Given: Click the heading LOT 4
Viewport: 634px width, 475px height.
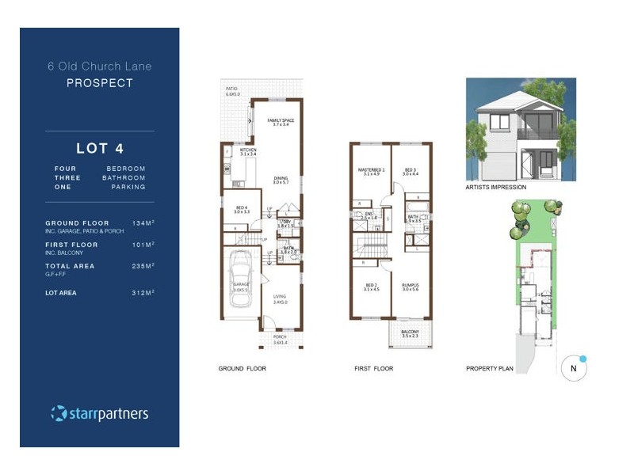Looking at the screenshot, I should pyautogui.click(x=99, y=147).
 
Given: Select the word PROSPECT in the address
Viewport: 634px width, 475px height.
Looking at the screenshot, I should pyautogui.click(x=99, y=82).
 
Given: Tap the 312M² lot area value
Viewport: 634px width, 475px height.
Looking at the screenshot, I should pyautogui.click(x=143, y=293).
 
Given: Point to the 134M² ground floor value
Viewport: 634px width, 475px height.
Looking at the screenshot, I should pyautogui.click(x=143, y=223).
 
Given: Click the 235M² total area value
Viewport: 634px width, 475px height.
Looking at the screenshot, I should pyautogui.click(x=143, y=266).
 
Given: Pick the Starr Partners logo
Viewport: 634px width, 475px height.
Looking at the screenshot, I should pyautogui.click(x=99, y=413).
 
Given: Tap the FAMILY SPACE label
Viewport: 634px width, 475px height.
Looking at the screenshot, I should pyautogui.click(x=281, y=122).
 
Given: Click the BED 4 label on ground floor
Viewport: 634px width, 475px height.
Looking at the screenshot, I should pyautogui.click(x=241, y=210).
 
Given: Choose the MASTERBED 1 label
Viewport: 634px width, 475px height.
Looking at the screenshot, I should pyautogui.click(x=372, y=172).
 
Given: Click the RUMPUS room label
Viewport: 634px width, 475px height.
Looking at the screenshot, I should pyautogui.click(x=410, y=287).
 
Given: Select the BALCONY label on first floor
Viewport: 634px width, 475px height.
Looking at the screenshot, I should pyautogui.click(x=410, y=334).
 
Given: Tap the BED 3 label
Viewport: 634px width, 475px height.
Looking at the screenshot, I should pyautogui.click(x=410, y=172).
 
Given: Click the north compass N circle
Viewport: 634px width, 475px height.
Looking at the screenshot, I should pyautogui.click(x=572, y=368).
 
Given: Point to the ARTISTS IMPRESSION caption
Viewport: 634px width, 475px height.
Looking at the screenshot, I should pyautogui.click(x=495, y=188).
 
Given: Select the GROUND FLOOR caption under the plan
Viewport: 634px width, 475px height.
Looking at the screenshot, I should pyautogui.click(x=242, y=369).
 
